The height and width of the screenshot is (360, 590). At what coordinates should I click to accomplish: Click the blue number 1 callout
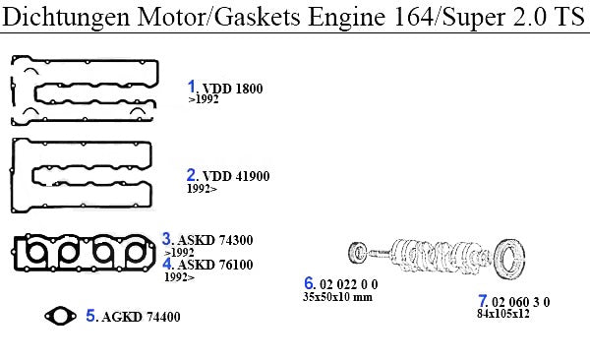[192, 87]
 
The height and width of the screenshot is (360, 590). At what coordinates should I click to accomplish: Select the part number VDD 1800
[232, 89]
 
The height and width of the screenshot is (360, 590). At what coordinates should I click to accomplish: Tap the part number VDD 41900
[236, 176]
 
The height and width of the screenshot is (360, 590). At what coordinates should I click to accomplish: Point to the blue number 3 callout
[167, 239]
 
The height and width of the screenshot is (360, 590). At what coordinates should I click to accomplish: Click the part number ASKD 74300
[214, 240]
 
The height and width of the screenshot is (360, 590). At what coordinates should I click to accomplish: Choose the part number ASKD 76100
[214, 265]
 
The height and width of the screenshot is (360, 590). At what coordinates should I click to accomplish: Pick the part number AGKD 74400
[141, 317]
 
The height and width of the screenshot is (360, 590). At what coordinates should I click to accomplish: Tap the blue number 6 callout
[309, 283]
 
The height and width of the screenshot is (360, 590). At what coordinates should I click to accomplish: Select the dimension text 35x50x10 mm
[337, 297]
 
